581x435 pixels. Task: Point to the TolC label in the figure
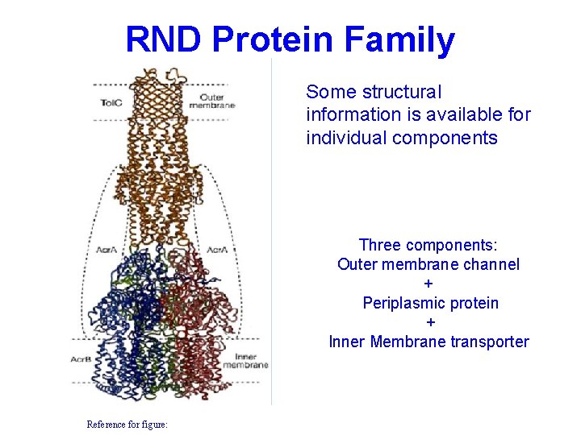tap(111, 102)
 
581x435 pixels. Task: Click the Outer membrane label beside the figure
tap(211, 101)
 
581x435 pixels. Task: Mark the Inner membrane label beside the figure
tap(251, 360)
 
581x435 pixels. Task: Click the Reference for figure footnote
tap(127, 424)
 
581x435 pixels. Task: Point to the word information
tap(348, 115)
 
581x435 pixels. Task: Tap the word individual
tap(346, 138)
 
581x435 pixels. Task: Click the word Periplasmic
tap(402, 303)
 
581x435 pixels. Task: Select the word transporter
tap(490, 342)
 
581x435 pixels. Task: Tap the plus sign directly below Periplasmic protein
tap(430, 322)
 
